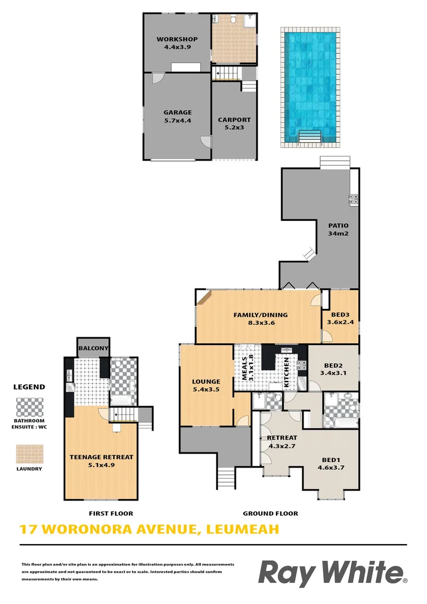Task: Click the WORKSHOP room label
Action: pyautogui.click(x=177, y=43)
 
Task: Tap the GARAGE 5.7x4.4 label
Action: pyautogui.click(x=177, y=116)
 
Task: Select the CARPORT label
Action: pyautogui.click(x=234, y=124)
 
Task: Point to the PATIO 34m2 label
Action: pyautogui.click(x=338, y=229)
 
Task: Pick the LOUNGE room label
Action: pyautogui.click(x=206, y=385)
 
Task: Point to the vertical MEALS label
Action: pyautogui.click(x=247, y=367)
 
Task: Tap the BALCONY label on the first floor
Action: pyautogui.click(x=93, y=348)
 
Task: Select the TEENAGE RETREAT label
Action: pyautogui.click(x=101, y=460)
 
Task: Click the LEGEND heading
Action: pyautogui.click(x=30, y=386)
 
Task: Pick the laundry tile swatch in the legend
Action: pyautogui.click(x=30, y=453)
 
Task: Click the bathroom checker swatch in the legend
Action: pyautogui.click(x=30, y=405)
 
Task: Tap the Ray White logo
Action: pyautogui.click(x=332, y=573)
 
